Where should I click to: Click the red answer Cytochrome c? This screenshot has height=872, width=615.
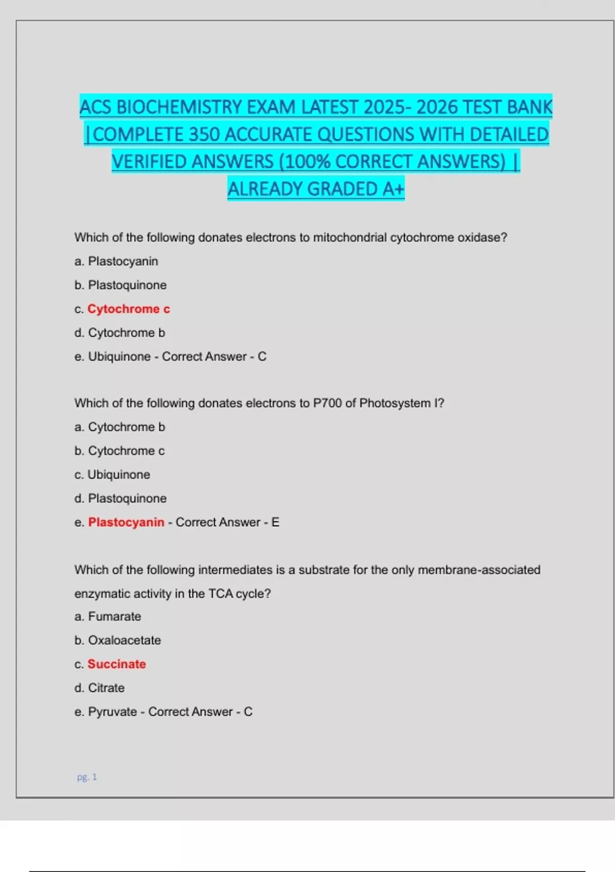coord(129,309)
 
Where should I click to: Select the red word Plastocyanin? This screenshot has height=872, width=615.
coord(126,522)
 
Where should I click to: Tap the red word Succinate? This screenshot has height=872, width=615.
coord(117,664)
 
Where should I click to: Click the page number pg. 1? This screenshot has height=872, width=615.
coord(87,777)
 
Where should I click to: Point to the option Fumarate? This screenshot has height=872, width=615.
coord(114,616)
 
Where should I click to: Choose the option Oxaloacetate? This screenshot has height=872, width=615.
coord(124,640)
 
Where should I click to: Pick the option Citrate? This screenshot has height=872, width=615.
coord(106,688)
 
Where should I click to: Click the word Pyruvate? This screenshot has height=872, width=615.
coord(113,712)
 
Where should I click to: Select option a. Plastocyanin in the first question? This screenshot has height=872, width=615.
coord(123,261)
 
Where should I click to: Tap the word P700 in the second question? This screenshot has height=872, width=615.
coord(327,403)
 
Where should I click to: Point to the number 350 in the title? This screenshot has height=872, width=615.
coord(204,134)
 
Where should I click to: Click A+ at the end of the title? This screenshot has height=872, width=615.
coord(393,189)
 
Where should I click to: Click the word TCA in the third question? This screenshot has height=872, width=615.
coord(220,593)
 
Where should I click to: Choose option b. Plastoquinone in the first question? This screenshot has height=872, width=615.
coord(127,285)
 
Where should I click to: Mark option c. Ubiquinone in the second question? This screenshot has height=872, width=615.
coord(118,474)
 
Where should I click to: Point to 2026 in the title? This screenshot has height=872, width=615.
coord(437,107)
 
